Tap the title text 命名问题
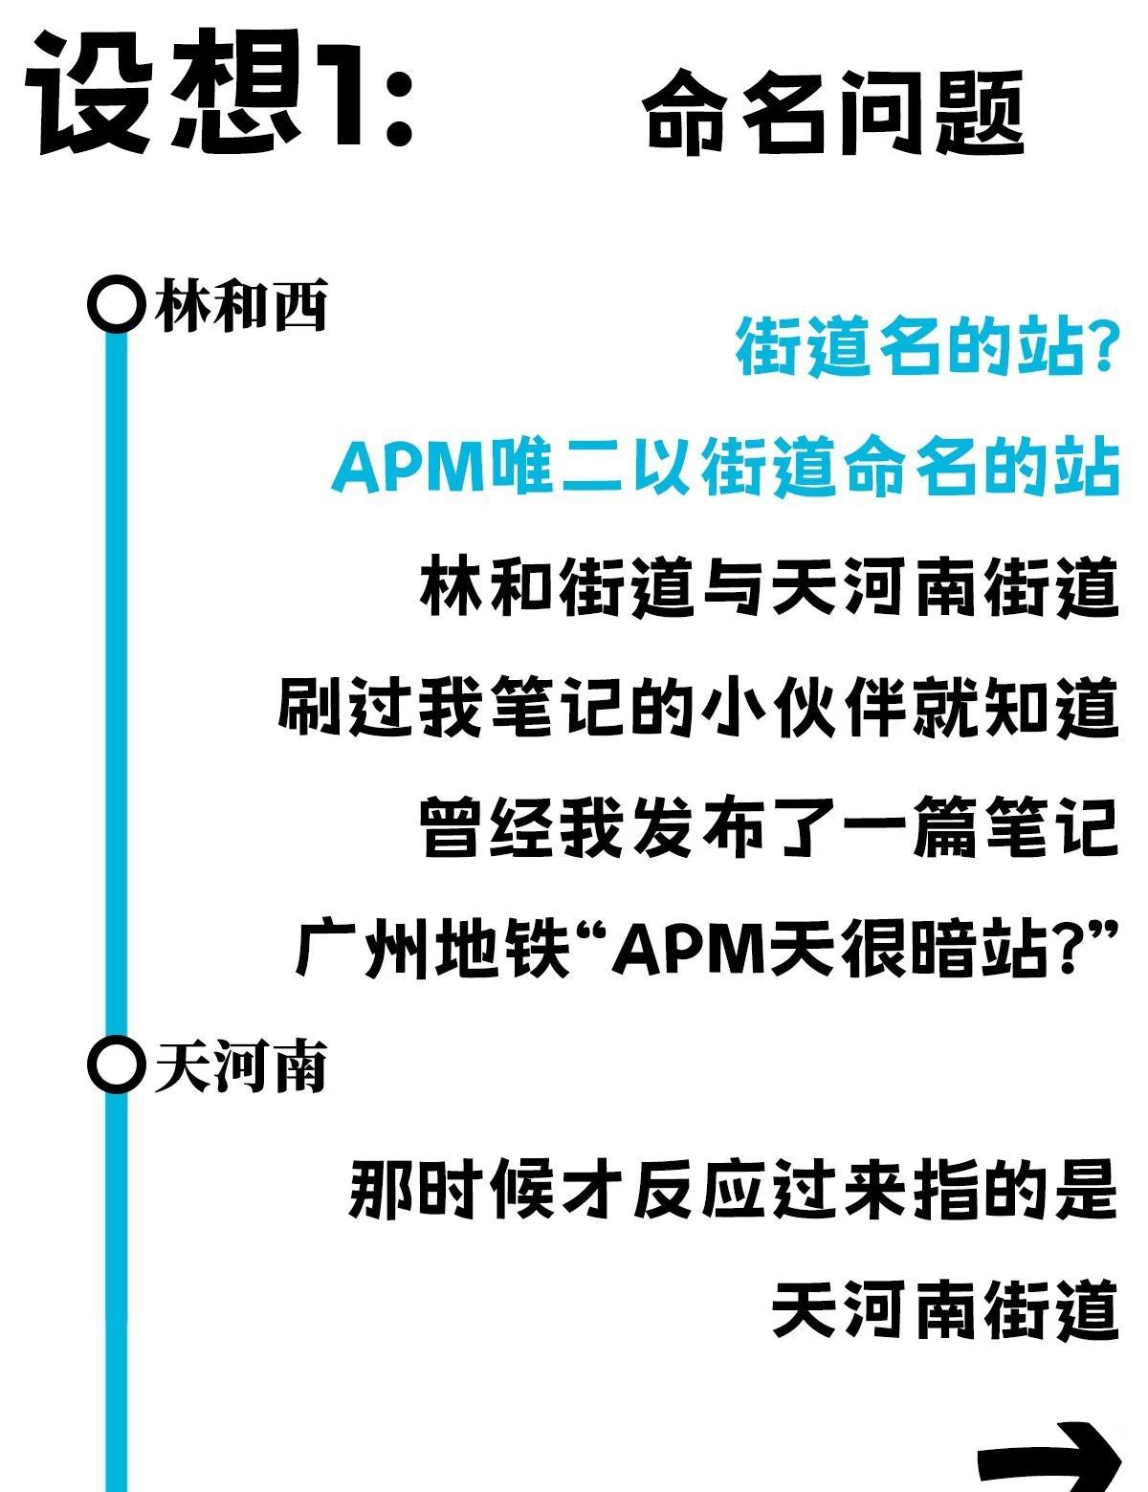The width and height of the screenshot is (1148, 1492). tap(832, 113)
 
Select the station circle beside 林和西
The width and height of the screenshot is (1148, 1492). tap(116, 304)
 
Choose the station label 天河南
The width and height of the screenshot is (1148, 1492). tap(241, 1066)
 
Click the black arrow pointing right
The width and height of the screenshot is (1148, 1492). tap(1049, 1459)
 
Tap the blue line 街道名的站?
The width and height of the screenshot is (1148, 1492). tap(926, 347)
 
